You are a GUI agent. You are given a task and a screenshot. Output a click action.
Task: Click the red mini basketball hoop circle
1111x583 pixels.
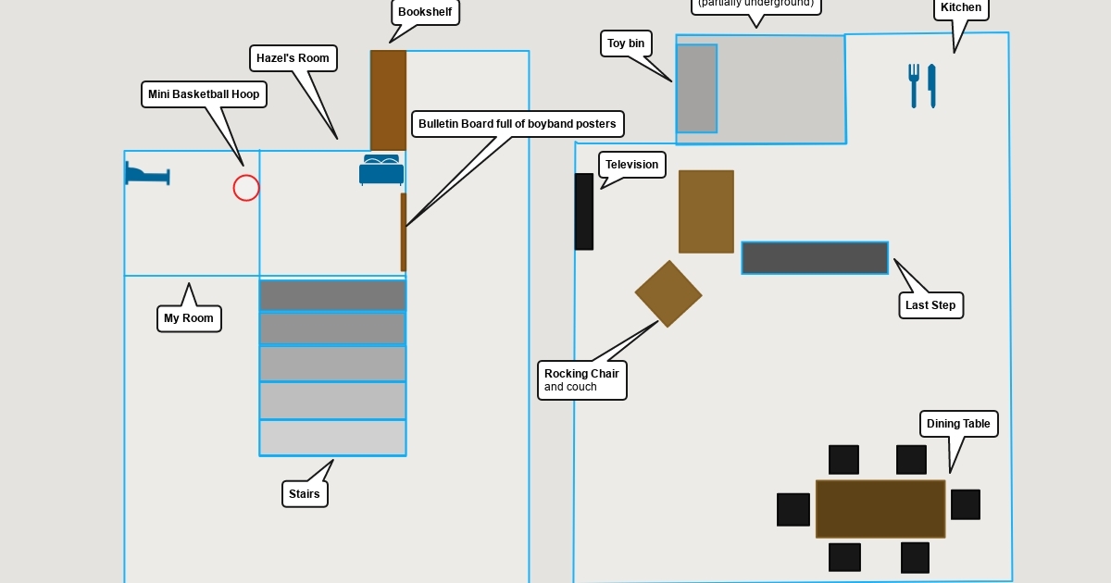point(246,188)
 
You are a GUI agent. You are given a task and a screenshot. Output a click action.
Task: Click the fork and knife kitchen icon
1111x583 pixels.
point(922,85)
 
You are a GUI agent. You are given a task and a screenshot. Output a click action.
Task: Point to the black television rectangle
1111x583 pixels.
point(583,212)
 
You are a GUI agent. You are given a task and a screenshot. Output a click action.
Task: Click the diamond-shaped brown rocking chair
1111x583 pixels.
point(668,294)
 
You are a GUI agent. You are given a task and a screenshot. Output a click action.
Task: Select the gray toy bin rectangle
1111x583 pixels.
point(696,88)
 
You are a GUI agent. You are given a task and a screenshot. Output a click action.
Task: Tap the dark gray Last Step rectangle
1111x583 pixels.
point(815,258)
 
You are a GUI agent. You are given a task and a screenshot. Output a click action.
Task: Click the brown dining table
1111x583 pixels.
point(880,508)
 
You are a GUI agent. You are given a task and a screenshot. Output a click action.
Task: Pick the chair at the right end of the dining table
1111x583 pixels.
point(965,504)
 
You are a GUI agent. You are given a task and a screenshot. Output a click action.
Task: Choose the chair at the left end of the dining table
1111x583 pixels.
point(793,509)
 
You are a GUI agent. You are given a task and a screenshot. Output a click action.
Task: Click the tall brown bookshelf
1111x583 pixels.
point(388,100)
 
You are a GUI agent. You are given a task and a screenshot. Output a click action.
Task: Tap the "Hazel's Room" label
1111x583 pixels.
point(293,58)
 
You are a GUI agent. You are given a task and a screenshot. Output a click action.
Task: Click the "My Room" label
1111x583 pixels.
point(189,318)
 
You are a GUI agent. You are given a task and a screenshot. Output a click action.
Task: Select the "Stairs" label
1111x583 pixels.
point(305,494)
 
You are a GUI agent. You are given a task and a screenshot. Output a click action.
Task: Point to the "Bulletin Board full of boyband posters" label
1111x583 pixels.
point(517,124)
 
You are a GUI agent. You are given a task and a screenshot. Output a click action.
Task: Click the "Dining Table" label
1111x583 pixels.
point(958,424)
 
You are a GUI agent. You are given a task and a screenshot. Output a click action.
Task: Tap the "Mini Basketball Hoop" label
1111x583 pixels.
point(204,94)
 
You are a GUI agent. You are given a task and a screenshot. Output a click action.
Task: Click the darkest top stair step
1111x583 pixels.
point(332,295)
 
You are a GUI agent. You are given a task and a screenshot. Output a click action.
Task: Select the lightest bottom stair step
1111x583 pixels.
point(332,438)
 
